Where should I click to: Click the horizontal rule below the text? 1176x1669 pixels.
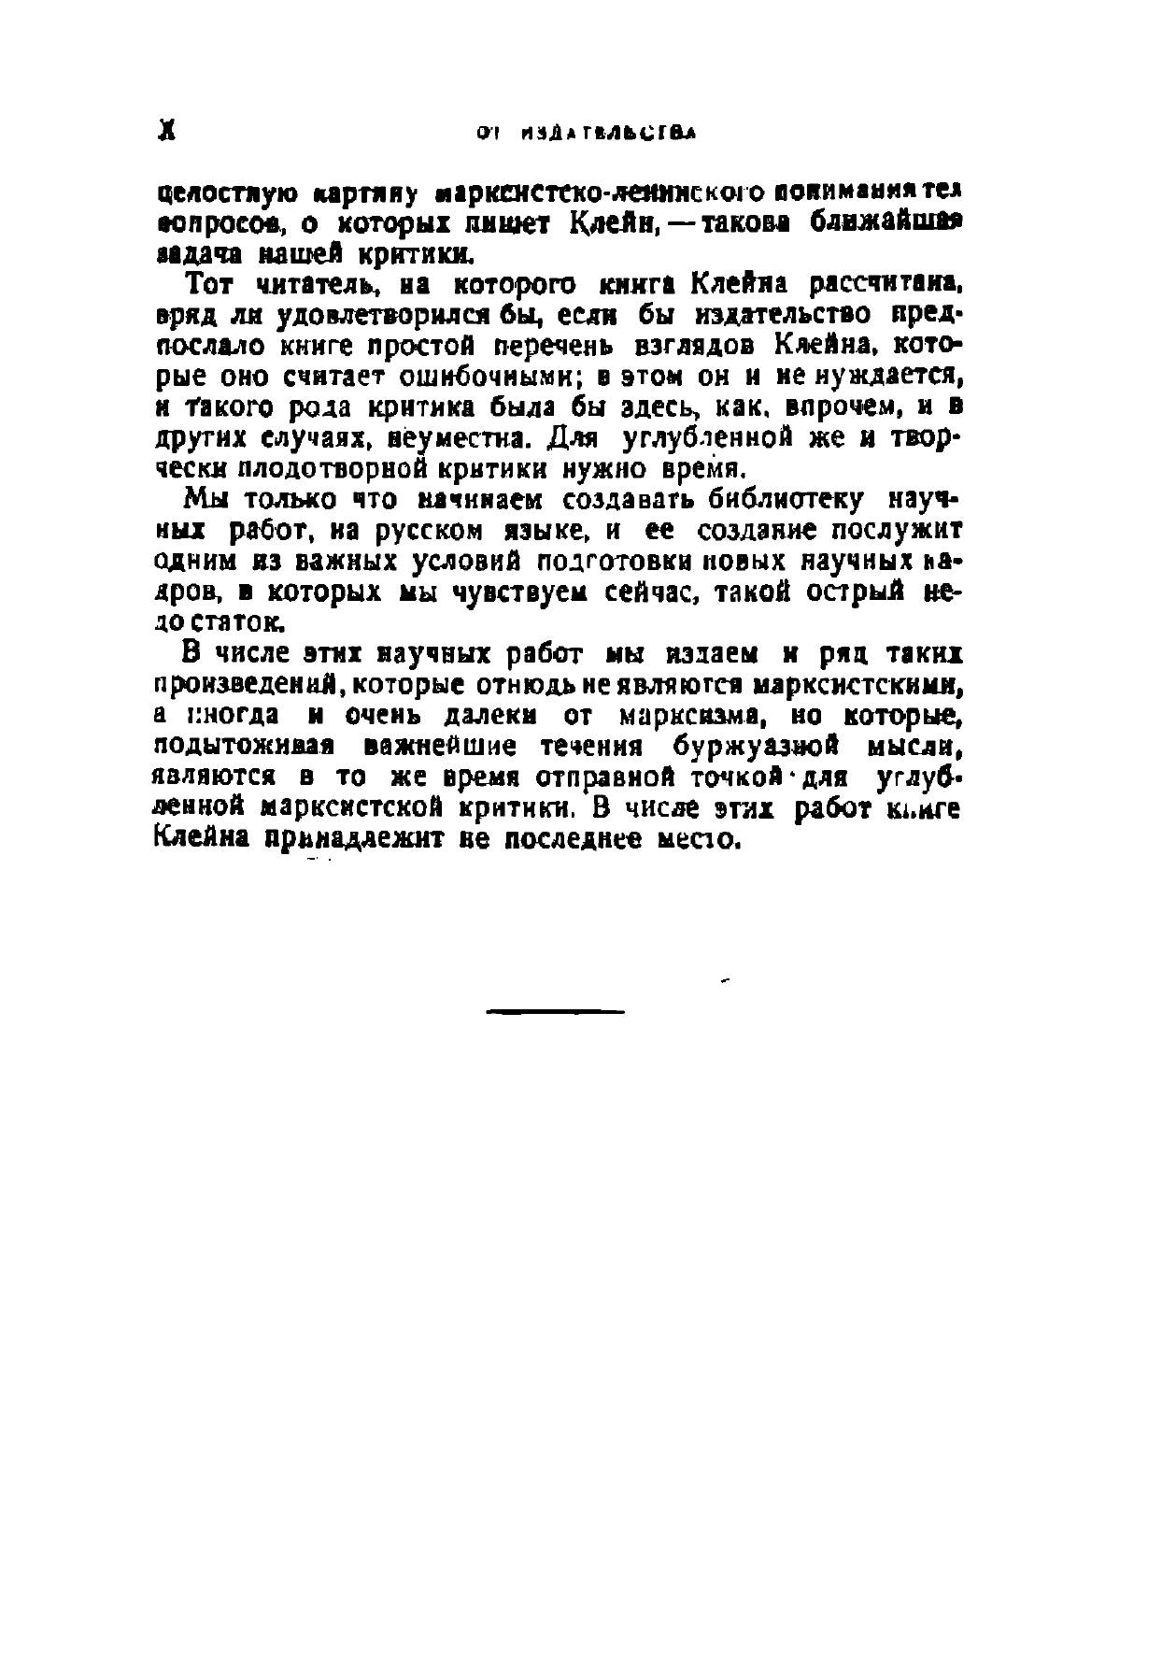click(555, 1011)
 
